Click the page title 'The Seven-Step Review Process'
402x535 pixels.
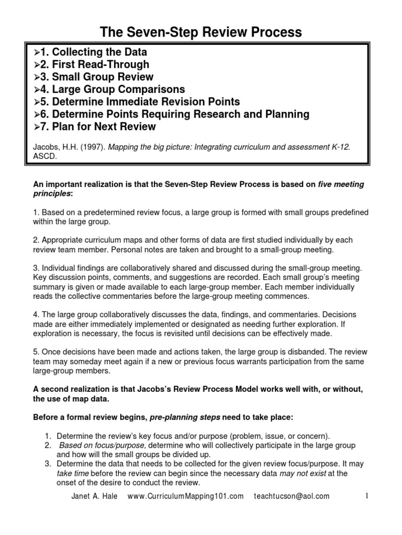(200, 32)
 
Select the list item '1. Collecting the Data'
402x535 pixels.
(92, 52)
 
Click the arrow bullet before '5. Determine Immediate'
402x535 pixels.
(37, 102)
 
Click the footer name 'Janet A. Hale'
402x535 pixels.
(95, 496)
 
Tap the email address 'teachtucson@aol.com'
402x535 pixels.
(292, 496)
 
